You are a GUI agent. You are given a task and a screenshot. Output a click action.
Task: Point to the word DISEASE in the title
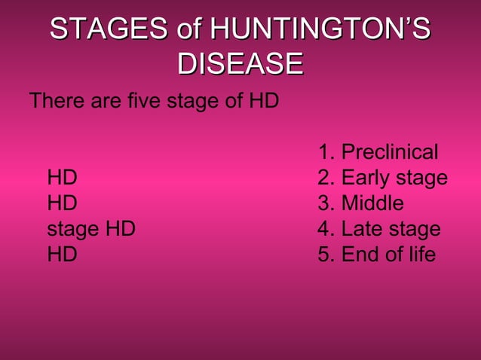click(x=240, y=63)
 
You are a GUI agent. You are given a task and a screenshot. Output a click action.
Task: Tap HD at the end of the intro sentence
click(x=264, y=100)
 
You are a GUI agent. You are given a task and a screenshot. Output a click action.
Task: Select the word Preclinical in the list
click(x=389, y=153)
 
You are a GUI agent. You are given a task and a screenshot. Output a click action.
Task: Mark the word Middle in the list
click(x=372, y=203)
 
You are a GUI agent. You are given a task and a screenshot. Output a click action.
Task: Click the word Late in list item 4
click(x=362, y=229)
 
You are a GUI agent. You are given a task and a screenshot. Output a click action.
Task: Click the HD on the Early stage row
click(x=62, y=178)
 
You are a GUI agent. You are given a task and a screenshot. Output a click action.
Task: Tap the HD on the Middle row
click(x=62, y=203)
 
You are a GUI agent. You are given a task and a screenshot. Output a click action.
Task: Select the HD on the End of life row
click(x=62, y=255)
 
